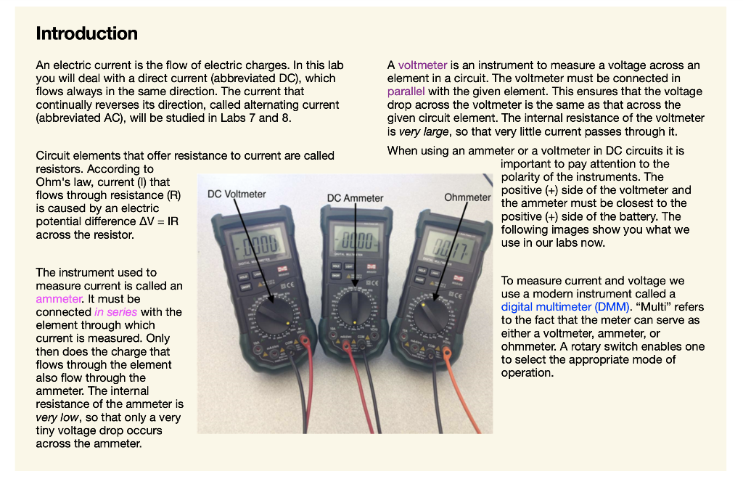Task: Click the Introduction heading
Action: coord(86,33)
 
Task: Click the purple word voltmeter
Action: coord(422,65)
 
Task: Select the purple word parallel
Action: coord(406,91)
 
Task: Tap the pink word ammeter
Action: coord(59,298)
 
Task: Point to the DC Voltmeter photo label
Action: coord(237,195)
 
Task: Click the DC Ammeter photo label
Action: coord(355,198)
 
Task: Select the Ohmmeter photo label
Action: coord(467,197)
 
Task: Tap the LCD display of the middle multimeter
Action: coord(356,240)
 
